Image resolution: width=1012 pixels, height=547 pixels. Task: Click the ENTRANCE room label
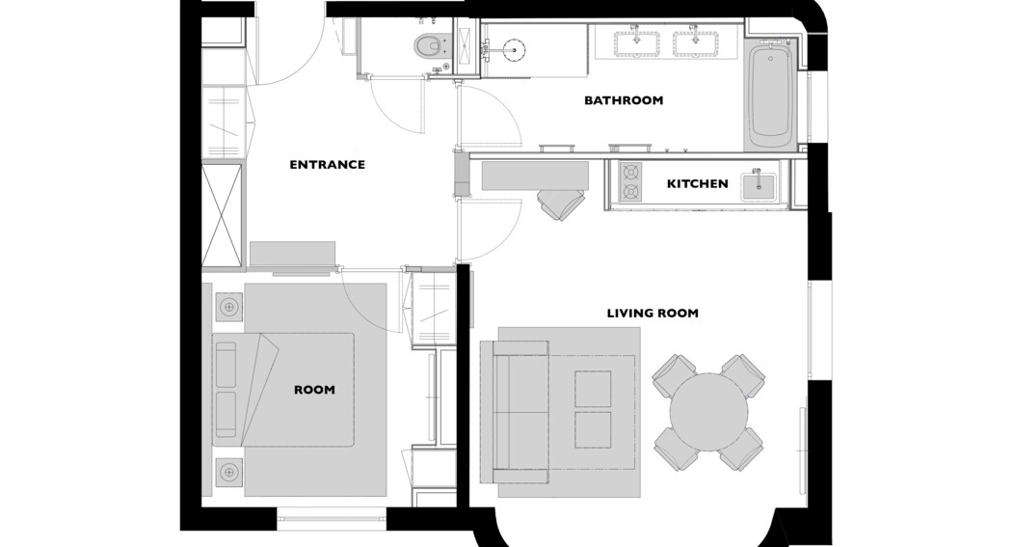click(328, 165)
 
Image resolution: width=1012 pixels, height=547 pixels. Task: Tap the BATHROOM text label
click(624, 100)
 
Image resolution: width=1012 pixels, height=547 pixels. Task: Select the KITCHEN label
click(697, 184)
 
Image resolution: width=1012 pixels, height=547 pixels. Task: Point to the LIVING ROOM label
click(652, 314)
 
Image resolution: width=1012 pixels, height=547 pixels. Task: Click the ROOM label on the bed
click(314, 390)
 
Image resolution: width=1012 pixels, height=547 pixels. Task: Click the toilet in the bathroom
click(429, 45)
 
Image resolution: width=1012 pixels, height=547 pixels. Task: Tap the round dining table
click(708, 412)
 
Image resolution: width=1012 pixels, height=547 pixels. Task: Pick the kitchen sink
click(759, 186)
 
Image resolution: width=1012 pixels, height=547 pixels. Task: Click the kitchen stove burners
click(630, 182)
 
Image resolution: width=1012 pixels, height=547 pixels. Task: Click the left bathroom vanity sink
click(636, 43)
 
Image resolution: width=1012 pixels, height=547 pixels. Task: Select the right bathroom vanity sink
click(697, 43)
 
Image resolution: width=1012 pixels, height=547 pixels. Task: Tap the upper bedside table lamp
click(228, 308)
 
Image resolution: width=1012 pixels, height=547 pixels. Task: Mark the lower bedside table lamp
click(228, 473)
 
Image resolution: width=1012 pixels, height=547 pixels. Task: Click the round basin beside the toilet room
click(514, 48)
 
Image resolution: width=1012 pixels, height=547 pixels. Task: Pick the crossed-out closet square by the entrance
click(222, 216)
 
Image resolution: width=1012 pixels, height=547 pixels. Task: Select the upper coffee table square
click(593, 389)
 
